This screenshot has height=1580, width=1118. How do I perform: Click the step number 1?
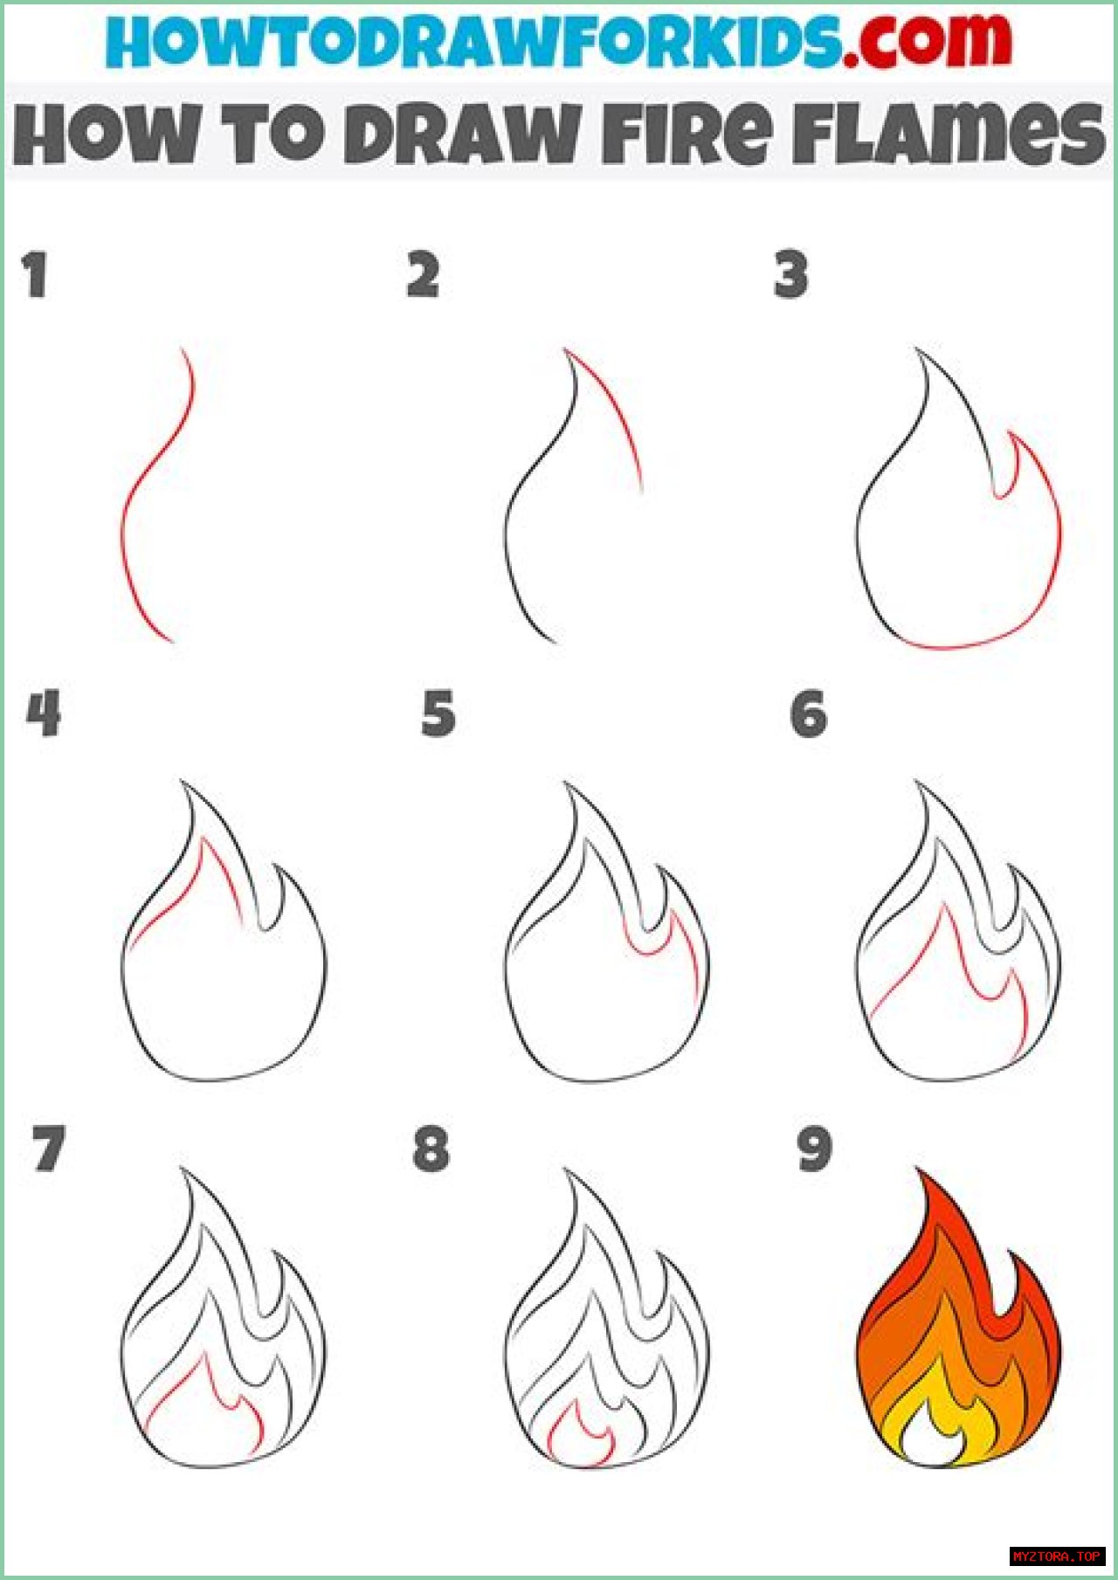pos(35,275)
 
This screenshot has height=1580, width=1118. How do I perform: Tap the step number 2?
pos(423,275)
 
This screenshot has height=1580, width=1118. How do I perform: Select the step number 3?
pos(791,275)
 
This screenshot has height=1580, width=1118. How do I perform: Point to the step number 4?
pos(44,714)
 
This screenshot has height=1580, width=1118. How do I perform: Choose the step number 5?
pos(438,714)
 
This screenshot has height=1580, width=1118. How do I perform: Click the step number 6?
pos(809,714)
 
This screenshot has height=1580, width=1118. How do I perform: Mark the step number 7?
pos(49,1149)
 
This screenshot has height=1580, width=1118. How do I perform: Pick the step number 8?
pos(431,1149)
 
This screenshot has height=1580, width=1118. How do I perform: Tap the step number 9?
pos(814,1149)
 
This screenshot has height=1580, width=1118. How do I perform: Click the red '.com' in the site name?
pos(928,40)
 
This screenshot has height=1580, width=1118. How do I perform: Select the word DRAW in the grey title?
pos(461,133)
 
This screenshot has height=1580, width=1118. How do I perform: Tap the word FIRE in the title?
pos(688,133)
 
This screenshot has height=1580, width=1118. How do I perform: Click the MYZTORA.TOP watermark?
pos(1058,1556)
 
